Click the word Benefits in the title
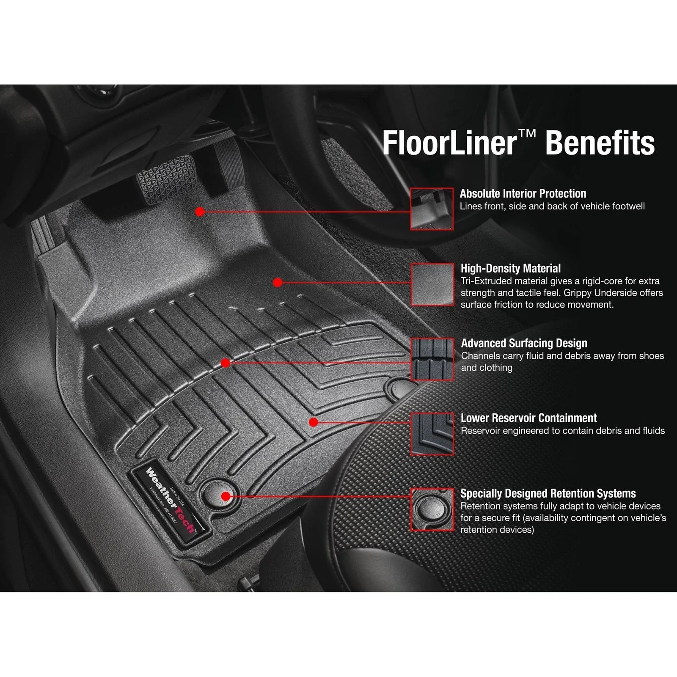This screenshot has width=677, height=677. point(600,143)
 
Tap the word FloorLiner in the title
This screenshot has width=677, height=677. point(449,143)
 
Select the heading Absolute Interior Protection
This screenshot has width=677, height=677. point(523,194)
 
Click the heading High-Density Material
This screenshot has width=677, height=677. point(510,268)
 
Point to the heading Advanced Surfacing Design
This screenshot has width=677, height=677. point(524,343)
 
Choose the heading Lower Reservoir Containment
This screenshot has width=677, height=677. point(528,418)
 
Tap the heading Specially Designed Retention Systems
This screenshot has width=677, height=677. point(548,493)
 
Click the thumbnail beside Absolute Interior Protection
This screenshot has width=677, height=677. point(432,209)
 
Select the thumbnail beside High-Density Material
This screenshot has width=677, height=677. point(432,284)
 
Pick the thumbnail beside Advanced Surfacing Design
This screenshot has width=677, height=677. point(432,359)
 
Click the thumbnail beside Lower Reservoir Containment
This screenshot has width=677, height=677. point(432,434)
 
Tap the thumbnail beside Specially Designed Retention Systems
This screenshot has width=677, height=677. point(432,509)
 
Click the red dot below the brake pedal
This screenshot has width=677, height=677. point(200,212)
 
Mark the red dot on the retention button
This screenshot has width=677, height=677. point(226,496)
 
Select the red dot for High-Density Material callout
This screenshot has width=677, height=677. point(278,282)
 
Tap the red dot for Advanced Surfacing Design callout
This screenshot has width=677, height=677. point(226,363)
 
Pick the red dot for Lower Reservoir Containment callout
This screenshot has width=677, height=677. point(313,422)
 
